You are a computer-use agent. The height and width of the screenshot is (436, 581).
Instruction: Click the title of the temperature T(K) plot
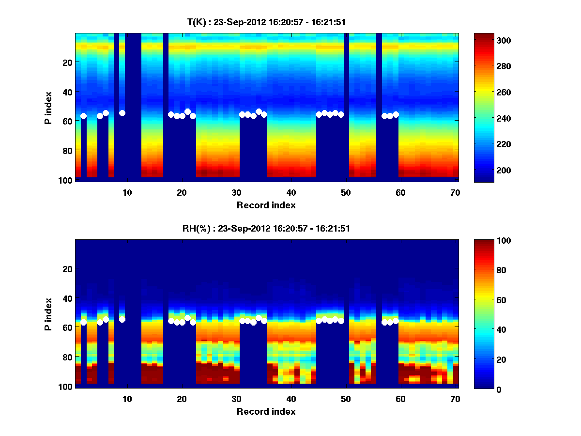point(266,22)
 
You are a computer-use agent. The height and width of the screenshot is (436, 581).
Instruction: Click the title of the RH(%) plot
point(266,229)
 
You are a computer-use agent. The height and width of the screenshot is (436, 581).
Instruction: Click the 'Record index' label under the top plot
point(266,205)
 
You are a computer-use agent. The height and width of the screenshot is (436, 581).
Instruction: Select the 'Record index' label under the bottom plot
point(266,411)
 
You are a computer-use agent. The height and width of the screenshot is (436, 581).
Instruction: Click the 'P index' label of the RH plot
point(48,313)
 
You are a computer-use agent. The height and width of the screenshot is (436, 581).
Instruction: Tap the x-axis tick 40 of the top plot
point(291,192)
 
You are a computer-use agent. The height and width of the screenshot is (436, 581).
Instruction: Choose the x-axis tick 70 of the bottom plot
point(456,399)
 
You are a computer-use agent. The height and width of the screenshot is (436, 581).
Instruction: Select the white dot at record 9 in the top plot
point(122,113)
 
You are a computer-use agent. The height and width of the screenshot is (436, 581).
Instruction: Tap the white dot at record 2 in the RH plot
point(83,322)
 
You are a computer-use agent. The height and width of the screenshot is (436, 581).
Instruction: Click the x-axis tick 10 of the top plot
point(127,192)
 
